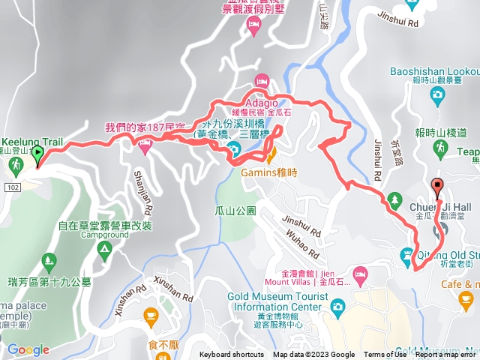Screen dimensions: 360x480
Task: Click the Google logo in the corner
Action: click(x=28, y=349)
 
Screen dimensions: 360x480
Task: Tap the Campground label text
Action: click(x=104, y=235)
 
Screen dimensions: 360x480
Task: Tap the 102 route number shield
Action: click(x=10, y=183)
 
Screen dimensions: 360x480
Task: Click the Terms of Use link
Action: click(x=385, y=355)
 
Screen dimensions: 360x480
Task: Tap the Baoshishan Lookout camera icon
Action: click(x=437, y=94)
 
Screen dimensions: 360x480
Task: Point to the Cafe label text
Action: click(x=471, y=284)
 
